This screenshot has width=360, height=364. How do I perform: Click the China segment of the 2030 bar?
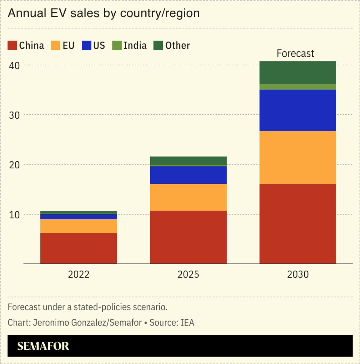(x=298, y=224)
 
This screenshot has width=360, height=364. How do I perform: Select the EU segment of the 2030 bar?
(x=298, y=157)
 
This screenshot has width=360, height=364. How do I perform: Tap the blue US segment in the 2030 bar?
(x=298, y=110)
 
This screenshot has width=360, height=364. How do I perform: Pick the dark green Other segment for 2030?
(x=298, y=72)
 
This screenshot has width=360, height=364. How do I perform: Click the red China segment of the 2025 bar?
(x=188, y=237)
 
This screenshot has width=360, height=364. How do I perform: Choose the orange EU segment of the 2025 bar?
(x=188, y=197)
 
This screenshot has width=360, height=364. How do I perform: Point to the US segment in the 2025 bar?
(x=188, y=175)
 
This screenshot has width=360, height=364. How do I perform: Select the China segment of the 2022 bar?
(x=78, y=248)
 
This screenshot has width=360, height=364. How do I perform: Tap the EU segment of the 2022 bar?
(x=78, y=226)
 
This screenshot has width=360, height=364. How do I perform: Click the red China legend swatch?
(x=12, y=46)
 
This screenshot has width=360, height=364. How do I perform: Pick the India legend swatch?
(x=117, y=46)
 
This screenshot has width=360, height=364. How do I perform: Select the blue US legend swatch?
(x=87, y=46)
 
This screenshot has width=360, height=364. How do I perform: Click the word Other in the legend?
(x=177, y=46)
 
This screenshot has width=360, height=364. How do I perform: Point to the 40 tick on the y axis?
(x=14, y=65)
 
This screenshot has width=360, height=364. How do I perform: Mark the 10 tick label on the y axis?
(x=14, y=215)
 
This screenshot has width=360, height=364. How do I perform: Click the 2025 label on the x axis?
(x=188, y=274)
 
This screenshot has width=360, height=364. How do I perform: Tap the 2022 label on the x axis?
(x=78, y=274)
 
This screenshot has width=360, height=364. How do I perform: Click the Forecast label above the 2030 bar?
(x=295, y=53)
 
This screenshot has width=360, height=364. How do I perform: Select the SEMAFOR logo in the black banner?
(x=43, y=346)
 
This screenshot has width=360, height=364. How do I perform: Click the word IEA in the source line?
(x=187, y=322)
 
